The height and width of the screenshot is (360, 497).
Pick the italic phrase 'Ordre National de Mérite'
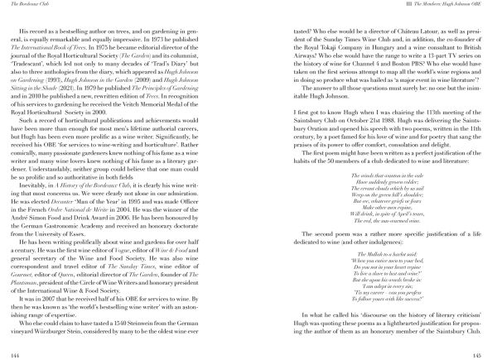[98, 211]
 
